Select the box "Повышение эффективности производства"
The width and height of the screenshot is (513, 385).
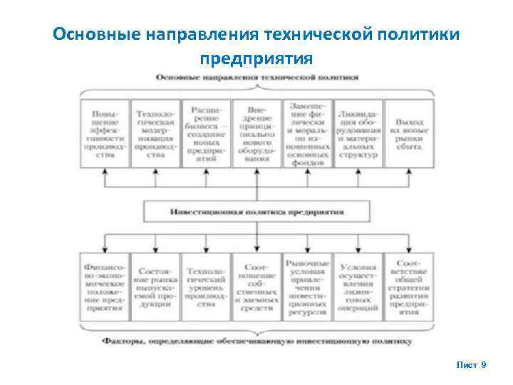pyautogui.click(x=105, y=133)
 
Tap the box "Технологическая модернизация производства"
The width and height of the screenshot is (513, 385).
pyautogui.click(x=155, y=133)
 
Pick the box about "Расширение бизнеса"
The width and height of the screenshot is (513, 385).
pyautogui.click(x=206, y=133)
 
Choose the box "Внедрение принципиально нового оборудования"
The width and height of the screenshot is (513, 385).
pyautogui.click(x=256, y=133)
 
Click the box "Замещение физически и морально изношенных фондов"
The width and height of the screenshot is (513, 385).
pyautogui.click(x=307, y=133)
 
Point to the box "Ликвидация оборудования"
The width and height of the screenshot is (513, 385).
pyautogui.click(x=358, y=133)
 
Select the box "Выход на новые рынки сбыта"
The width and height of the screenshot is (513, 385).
pyautogui.click(x=408, y=133)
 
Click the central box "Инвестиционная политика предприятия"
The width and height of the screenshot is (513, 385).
pyautogui.click(x=257, y=212)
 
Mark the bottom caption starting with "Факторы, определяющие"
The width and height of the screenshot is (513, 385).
pyautogui.click(x=256, y=342)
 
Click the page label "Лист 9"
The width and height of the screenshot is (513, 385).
pyautogui.click(x=471, y=364)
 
